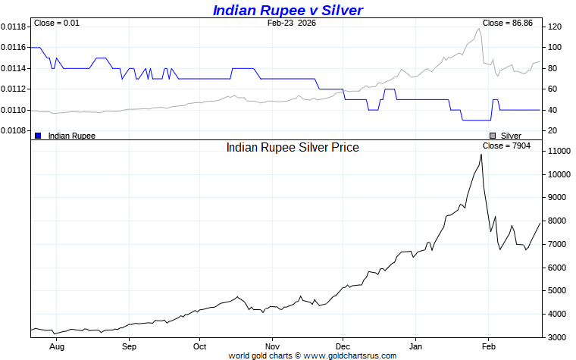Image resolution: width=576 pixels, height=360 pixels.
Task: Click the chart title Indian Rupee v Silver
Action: (x=288, y=10)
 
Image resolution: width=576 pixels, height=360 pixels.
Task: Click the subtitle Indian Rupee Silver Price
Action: (x=293, y=147)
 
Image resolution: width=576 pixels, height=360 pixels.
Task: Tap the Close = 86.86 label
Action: (x=507, y=23)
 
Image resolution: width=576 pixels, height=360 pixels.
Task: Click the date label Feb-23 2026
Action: (x=292, y=23)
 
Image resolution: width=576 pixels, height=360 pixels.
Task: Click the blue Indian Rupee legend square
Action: (x=38, y=136)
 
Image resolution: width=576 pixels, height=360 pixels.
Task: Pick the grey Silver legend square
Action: (x=493, y=136)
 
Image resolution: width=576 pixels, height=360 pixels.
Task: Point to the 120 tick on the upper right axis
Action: (x=554, y=27)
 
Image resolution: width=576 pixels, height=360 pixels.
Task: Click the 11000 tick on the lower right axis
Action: (x=559, y=152)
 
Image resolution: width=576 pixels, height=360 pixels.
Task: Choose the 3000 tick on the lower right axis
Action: (x=557, y=337)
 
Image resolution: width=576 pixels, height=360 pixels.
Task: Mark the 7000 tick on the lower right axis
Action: (x=557, y=244)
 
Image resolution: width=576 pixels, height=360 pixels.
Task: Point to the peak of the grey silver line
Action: (x=479, y=29)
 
